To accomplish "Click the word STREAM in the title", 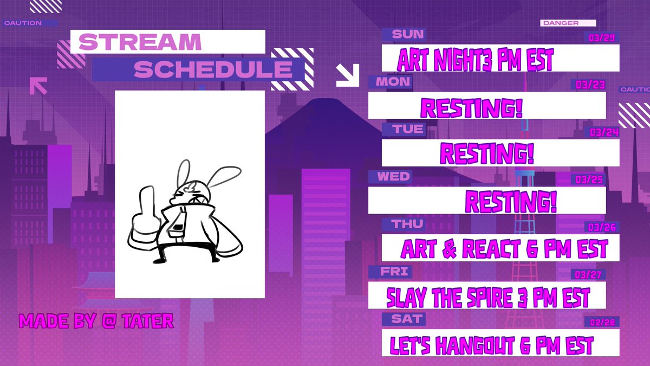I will click(140, 42).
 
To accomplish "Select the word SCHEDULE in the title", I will click(213, 69).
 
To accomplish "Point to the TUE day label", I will click(409, 129).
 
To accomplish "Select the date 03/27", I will click(589, 275).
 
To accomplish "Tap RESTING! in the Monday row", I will click(472, 107).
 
